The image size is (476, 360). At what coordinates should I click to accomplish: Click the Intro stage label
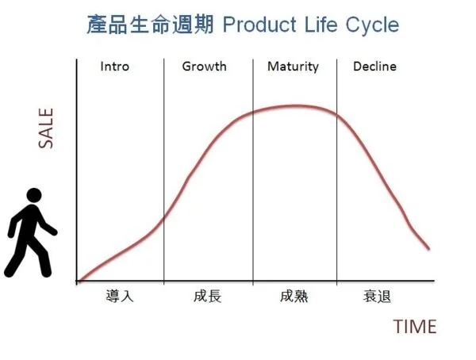point(114,67)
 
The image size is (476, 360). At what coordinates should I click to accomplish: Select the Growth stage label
point(204,67)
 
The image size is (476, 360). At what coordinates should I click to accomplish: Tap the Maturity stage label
point(293,67)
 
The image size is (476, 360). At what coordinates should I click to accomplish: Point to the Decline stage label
point(374,67)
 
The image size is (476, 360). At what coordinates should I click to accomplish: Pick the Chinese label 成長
point(207,297)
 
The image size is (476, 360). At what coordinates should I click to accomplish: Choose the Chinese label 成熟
point(294,297)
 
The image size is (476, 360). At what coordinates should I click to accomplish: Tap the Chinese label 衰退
point(378,297)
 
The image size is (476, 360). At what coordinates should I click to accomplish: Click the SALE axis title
point(46,129)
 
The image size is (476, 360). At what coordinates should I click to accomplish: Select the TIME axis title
point(414,326)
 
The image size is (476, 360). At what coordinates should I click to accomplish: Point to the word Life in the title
point(319,25)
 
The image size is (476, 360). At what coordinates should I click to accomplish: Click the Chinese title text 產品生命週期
point(151,25)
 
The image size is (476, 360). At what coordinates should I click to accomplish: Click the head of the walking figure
point(33,195)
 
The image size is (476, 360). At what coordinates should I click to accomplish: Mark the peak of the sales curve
point(294,105)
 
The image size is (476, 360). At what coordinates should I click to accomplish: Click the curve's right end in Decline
point(429,249)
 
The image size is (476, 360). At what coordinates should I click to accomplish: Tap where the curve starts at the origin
point(79,281)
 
